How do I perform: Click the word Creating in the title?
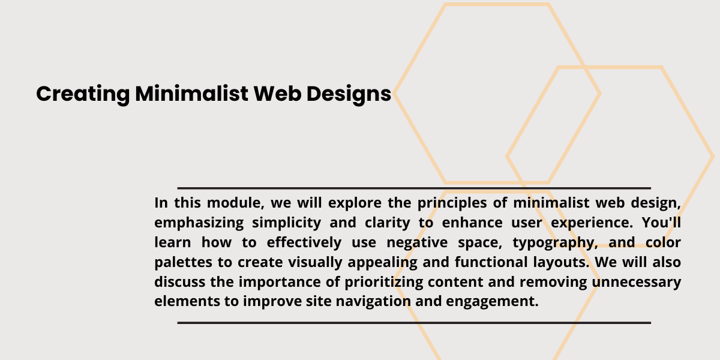tap(83, 94)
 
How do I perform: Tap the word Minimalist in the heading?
tap(191, 94)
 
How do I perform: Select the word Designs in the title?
tap(349, 94)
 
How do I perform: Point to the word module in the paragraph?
tap(236, 203)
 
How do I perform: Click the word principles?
tap(452, 203)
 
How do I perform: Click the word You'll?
tap(661, 223)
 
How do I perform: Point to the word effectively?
tap(304, 242)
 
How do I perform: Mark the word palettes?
tap(183, 263)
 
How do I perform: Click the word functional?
tap(491, 262)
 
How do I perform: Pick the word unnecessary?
tap(637, 282)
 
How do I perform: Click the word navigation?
tap(373, 302)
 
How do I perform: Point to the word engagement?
tap(492, 302)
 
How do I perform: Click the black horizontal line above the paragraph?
tap(414, 188)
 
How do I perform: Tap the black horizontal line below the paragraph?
tap(414, 323)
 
